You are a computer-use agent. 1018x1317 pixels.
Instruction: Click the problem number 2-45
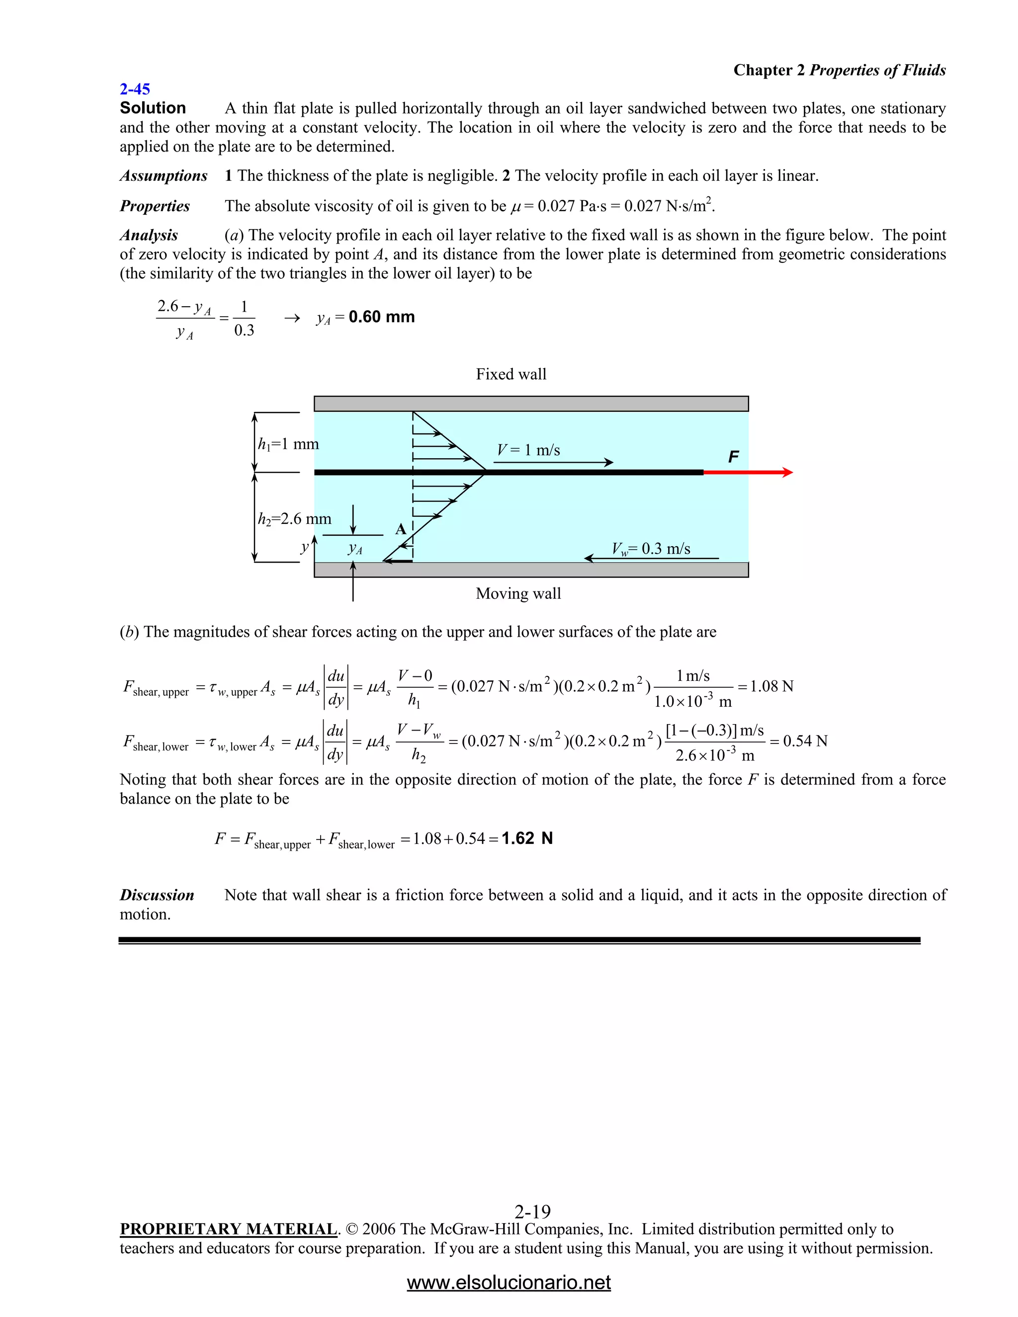(x=135, y=89)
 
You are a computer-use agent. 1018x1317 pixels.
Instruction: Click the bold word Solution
(x=153, y=108)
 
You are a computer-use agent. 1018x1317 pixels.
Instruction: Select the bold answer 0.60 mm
(x=381, y=317)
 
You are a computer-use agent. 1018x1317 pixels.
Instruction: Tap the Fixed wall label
(x=511, y=375)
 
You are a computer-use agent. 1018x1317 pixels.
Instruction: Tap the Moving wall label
(x=518, y=594)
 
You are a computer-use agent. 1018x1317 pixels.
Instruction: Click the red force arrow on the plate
(x=748, y=473)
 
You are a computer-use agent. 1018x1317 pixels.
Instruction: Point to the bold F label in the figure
(x=733, y=457)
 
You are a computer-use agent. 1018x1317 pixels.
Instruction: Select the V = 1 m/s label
(x=528, y=450)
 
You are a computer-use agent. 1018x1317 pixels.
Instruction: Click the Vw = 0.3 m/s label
(x=651, y=549)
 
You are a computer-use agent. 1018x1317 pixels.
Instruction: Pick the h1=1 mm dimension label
(x=288, y=444)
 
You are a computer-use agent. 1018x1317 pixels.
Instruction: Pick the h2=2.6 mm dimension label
(x=294, y=519)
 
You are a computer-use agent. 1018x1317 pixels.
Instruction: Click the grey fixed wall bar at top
(x=531, y=404)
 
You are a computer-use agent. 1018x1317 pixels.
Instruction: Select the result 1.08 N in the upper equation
(x=771, y=686)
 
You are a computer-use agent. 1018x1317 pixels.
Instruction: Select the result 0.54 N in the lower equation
(x=805, y=741)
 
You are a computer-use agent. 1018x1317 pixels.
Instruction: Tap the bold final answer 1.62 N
(x=526, y=839)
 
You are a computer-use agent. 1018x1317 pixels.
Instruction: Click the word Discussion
(x=157, y=896)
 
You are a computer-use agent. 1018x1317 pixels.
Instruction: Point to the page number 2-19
(x=532, y=1212)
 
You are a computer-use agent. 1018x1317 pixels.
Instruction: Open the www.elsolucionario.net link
(x=509, y=1283)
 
